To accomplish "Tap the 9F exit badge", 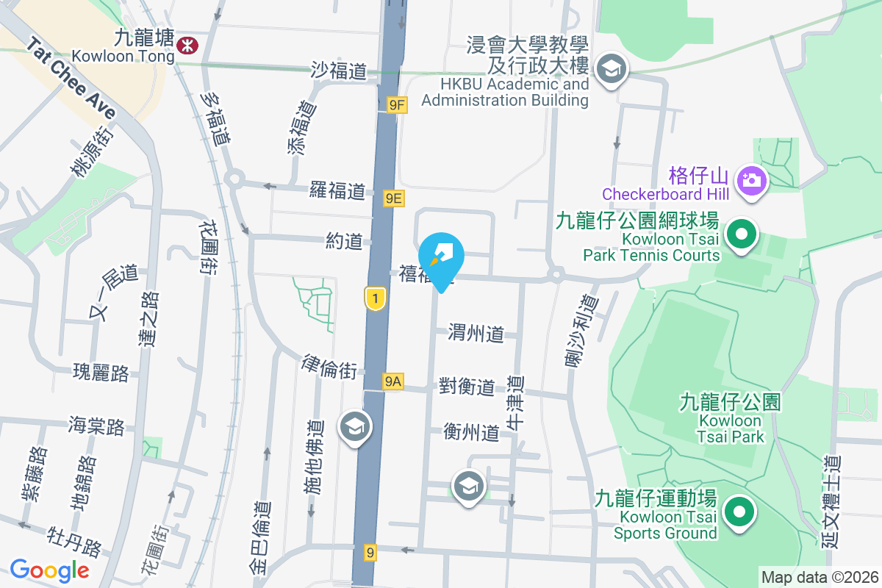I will click(x=397, y=105).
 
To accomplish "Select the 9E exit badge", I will click(x=394, y=198).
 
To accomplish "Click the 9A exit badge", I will click(x=393, y=381).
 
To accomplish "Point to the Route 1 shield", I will click(x=375, y=298).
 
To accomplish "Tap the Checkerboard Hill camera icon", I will click(x=753, y=179).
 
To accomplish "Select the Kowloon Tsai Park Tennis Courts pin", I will click(x=742, y=236).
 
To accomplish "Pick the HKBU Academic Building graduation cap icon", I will click(x=609, y=69).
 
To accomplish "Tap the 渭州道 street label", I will click(x=476, y=334).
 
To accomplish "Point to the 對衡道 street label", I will click(x=467, y=387).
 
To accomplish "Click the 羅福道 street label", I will click(x=337, y=192).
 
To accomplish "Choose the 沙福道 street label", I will click(x=339, y=71).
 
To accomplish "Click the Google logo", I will click(x=49, y=570).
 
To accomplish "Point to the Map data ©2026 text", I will click(x=820, y=577).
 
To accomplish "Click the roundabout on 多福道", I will click(x=234, y=178).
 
